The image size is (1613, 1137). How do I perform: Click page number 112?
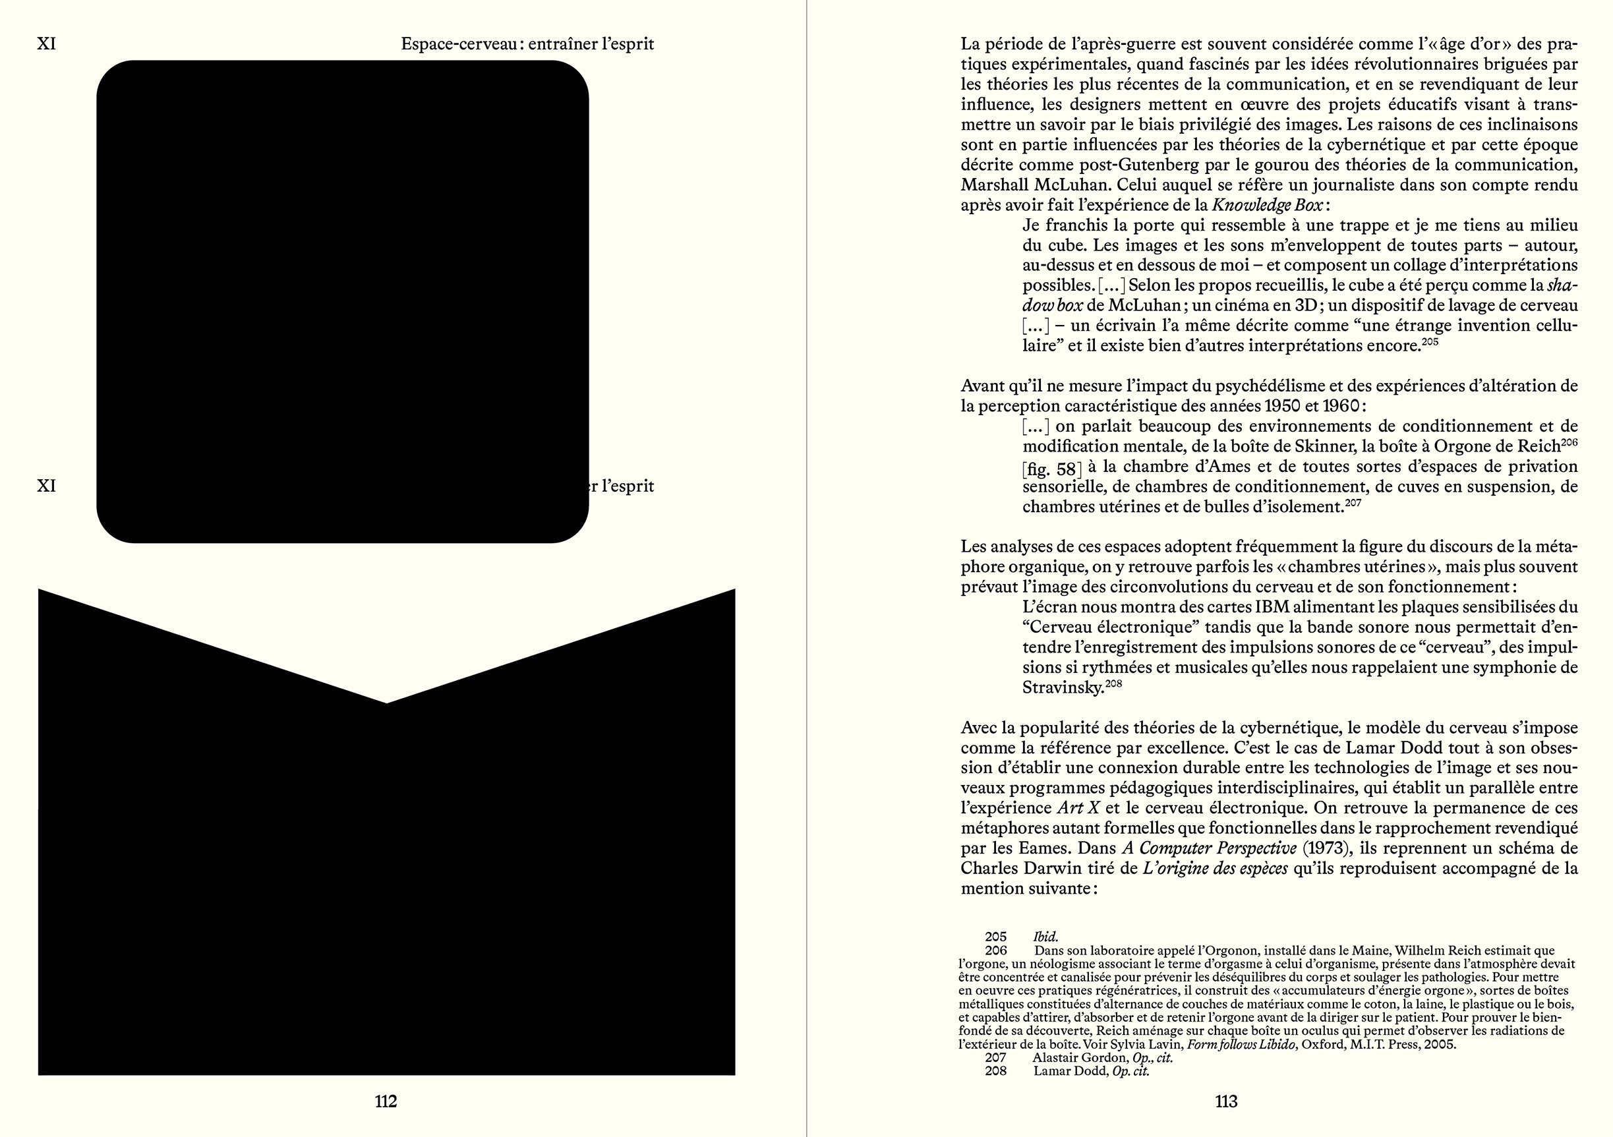386,1101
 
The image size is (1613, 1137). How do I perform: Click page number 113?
1226,1101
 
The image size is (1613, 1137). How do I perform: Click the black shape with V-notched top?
386,878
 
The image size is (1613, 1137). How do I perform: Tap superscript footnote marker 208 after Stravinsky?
1113,684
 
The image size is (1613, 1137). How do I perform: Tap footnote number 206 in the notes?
995,950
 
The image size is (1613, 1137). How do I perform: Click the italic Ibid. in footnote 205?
1045,937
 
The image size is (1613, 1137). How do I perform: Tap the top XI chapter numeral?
46,44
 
